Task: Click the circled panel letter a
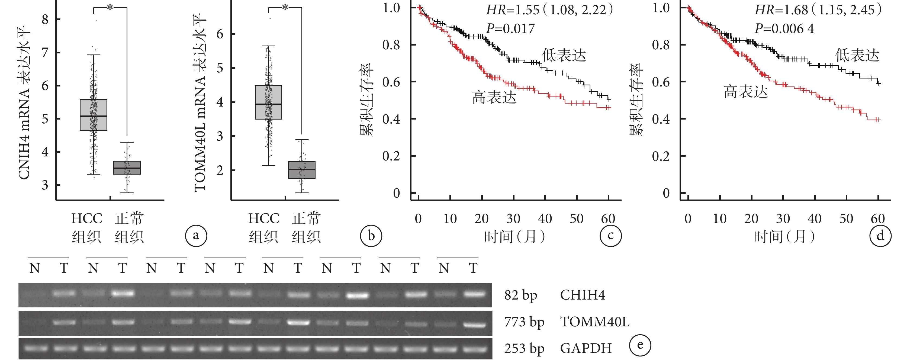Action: [196, 236]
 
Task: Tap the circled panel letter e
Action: [640, 345]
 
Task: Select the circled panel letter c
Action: [610, 236]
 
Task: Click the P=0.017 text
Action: [510, 28]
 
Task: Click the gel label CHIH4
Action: [582, 295]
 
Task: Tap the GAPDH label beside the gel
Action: [586, 348]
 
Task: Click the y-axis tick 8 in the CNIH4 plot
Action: [45, 19]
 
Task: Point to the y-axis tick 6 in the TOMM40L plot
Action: [220, 34]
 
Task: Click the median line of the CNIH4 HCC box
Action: [93, 116]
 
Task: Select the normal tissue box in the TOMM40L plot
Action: [302, 170]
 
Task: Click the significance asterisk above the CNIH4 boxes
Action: [110, 7]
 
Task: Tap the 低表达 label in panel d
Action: [857, 55]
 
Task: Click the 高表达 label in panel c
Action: [494, 97]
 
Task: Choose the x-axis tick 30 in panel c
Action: [513, 219]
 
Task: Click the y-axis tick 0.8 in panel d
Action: [661, 45]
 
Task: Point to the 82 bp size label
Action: [520, 295]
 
